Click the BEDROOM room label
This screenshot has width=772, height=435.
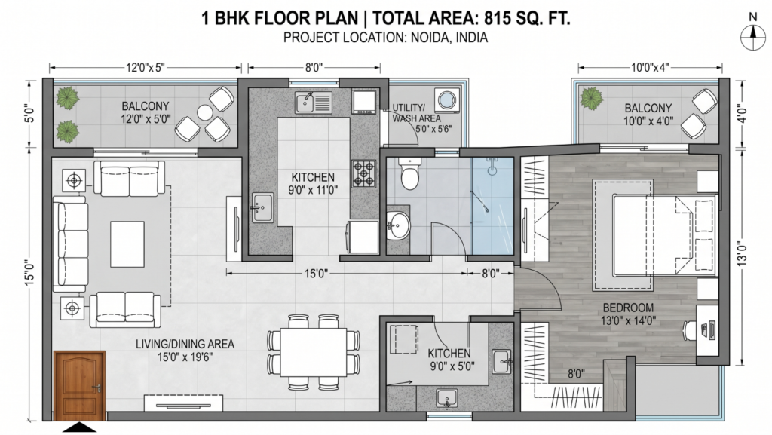[x=627, y=308]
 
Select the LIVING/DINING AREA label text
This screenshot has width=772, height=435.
[x=185, y=344]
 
